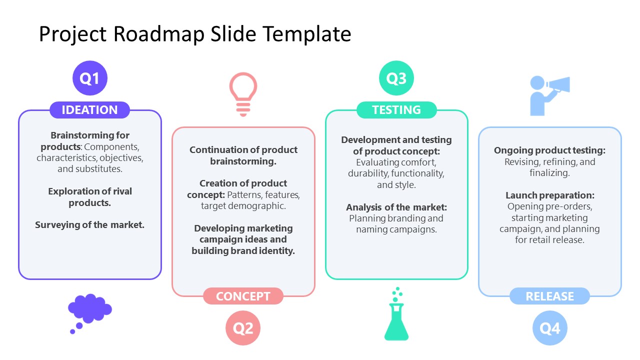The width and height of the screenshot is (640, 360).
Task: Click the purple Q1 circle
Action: (x=90, y=78)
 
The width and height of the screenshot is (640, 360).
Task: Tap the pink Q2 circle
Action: (x=243, y=328)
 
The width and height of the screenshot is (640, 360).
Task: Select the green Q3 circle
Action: (x=396, y=78)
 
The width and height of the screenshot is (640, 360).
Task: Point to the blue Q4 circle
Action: (x=549, y=328)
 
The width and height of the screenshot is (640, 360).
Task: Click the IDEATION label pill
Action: (x=90, y=110)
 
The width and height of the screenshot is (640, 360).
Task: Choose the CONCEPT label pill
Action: (x=243, y=296)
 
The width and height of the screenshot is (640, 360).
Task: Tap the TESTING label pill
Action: (x=396, y=110)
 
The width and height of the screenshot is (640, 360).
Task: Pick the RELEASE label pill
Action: (x=549, y=296)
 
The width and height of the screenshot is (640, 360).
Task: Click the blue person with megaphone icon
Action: (x=548, y=95)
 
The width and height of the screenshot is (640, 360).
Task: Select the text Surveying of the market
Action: (x=90, y=225)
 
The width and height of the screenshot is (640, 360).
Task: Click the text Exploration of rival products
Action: (x=90, y=197)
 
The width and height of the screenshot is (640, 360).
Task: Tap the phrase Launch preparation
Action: (x=549, y=195)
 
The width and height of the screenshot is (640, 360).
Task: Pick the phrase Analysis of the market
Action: (x=396, y=207)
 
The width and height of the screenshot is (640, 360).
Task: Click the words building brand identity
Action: (x=243, y=251)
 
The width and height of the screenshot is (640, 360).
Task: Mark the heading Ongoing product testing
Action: (x=549, y=150)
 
